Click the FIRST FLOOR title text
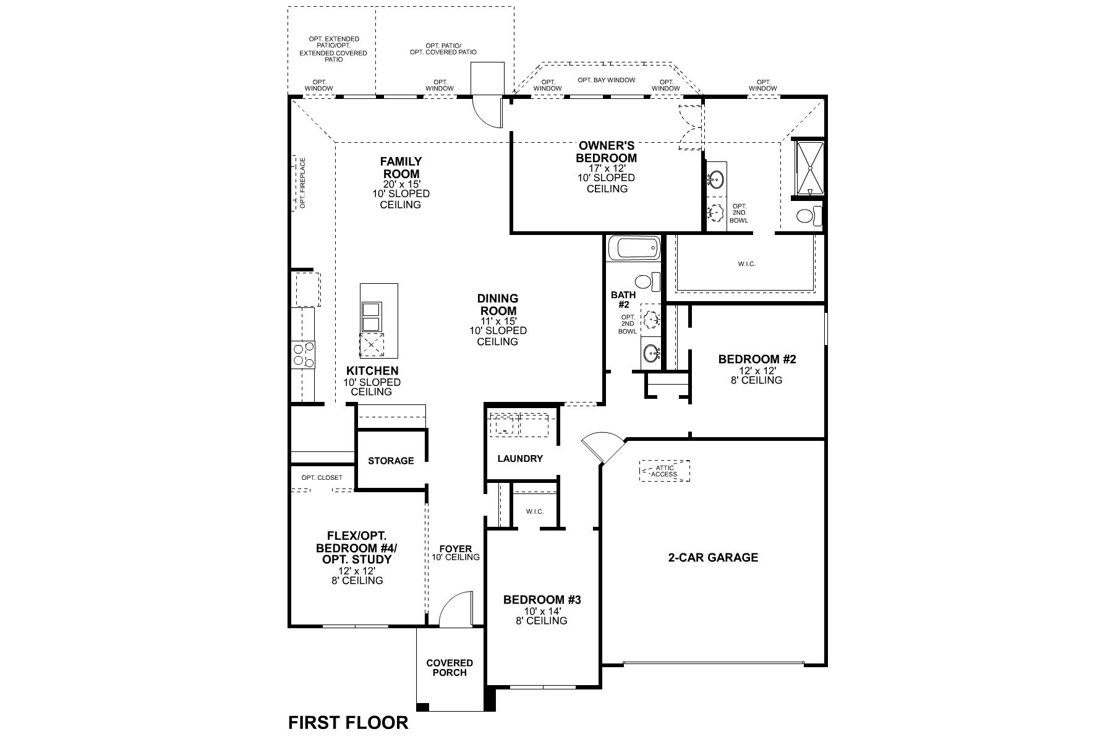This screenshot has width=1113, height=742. click(x=348, y=722)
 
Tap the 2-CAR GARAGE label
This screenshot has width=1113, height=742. click(x=713, y=557)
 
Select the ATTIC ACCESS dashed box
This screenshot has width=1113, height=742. click(x=665, y=471)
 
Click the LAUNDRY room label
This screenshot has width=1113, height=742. click(x=520, y=459)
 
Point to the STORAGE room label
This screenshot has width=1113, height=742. click(x=391, y=461)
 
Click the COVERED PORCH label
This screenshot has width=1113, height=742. click(x=450, y=667)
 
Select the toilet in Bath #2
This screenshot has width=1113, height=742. click(x=647, y=282)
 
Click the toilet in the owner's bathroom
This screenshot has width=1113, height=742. click(x=807, y=216)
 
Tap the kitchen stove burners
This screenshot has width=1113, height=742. click(x=303, y=354)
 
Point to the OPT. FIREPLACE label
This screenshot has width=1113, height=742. click(x=303, y=183)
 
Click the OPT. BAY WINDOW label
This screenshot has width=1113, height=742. click(x=607, y=80)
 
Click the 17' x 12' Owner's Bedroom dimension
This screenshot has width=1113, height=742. click(x=607, y=168)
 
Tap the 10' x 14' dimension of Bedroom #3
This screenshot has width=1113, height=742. click(x=542, y=610)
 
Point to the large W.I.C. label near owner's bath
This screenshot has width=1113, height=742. click(x=746, y=264)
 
